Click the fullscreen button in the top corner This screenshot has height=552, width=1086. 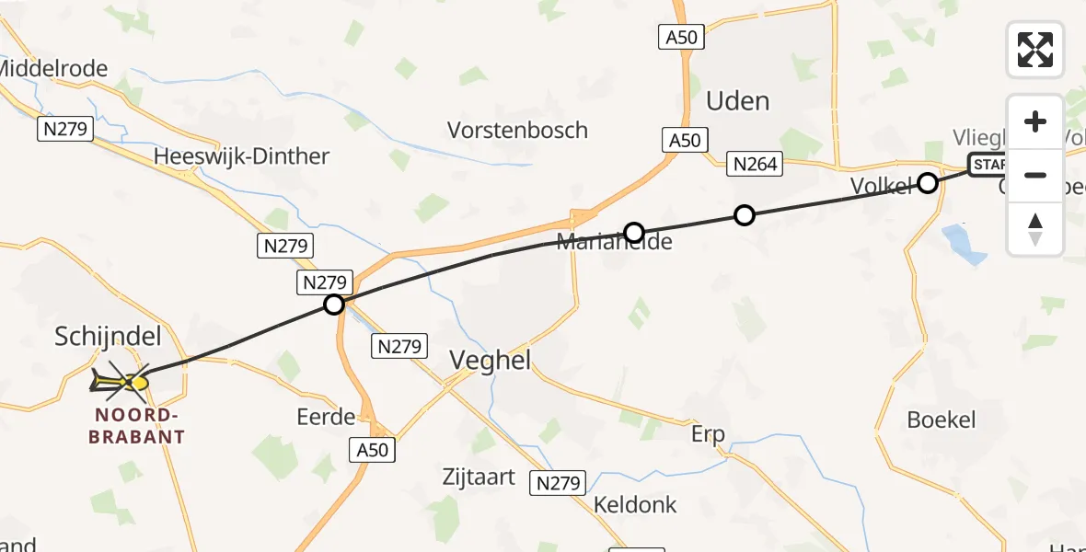1035,50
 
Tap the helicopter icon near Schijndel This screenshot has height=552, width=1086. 121,380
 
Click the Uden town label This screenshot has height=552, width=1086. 737,100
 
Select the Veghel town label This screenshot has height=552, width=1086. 490,361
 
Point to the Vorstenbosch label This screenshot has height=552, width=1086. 517,130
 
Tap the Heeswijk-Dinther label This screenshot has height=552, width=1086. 241,156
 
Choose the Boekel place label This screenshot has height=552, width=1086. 941,420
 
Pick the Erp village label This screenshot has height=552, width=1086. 708,434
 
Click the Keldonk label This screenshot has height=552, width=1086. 635,504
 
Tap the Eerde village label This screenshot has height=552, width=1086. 326,417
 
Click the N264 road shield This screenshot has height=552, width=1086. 756,165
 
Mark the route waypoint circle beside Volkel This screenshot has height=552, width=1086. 928,183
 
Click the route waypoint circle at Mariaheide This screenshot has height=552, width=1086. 633,232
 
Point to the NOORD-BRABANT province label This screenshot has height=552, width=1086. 137,426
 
